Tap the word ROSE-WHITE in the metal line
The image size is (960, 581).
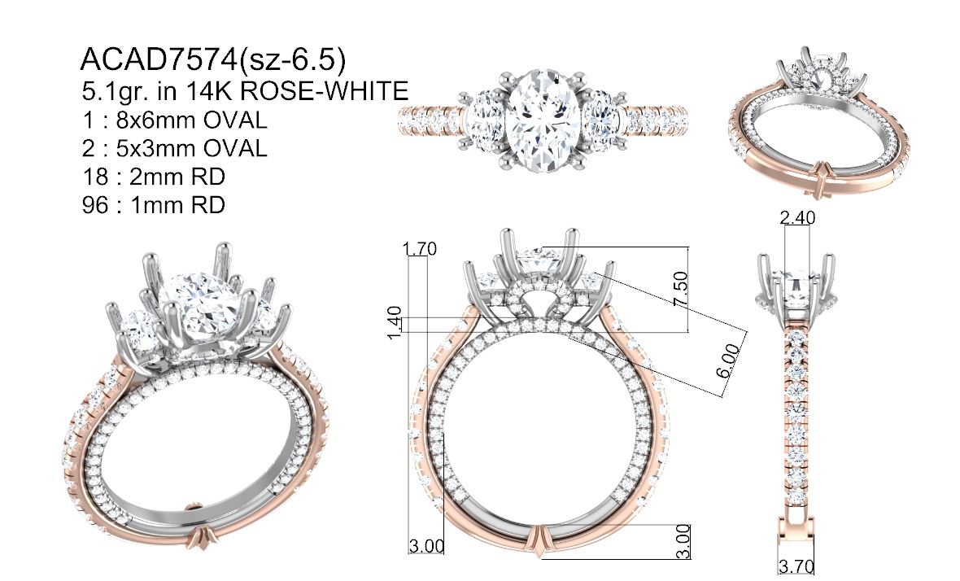click(x=324, y=91)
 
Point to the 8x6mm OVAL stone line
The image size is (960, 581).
click(x=174, y=120)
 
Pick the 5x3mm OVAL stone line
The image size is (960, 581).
click(x=174, y=148)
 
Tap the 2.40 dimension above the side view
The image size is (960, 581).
click(x=798, y=218)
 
